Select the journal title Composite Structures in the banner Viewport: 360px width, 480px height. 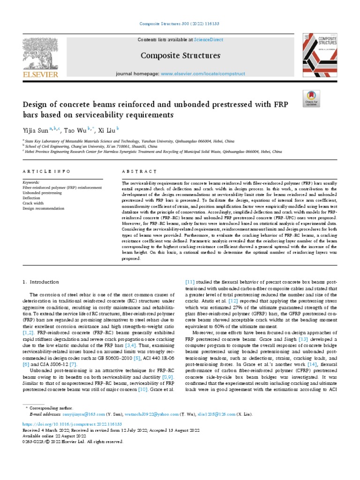tap(180, 56)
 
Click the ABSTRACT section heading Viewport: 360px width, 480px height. tap(139, 172)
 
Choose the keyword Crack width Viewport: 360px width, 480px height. tap(33, 203)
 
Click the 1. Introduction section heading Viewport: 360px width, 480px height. tap(41, 282)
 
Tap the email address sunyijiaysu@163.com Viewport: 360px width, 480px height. tap(84, 414)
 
